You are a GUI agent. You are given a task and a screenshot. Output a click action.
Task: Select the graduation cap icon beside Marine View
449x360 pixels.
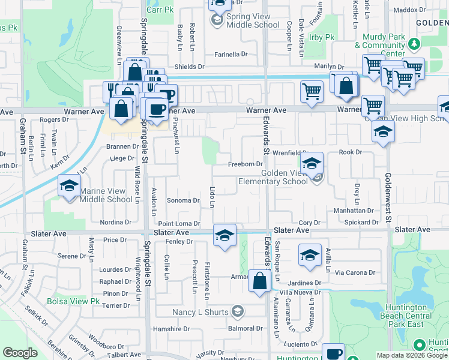[69, 185]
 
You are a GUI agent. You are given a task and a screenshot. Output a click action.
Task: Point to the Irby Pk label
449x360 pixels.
[322, 37]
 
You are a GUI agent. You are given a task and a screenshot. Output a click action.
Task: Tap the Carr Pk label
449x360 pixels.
[159, 10]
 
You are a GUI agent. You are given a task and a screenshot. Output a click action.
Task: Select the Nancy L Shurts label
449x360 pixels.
[200, 312]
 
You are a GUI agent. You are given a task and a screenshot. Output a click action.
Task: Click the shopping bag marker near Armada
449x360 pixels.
[259, 281]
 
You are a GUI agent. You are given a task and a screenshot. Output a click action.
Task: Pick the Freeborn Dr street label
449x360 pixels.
[246, 164]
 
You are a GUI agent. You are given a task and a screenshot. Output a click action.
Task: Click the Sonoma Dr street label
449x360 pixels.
[182, 200]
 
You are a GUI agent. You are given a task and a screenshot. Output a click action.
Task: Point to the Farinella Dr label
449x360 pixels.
[231, 55]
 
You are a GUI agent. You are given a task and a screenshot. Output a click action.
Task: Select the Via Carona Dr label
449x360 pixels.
[355, 272]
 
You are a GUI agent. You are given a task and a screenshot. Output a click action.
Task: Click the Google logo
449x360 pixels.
[20, 353]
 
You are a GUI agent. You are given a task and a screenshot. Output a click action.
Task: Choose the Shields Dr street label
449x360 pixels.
[189, 67]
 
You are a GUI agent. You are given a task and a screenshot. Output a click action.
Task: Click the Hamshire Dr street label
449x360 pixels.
[171, 329]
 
